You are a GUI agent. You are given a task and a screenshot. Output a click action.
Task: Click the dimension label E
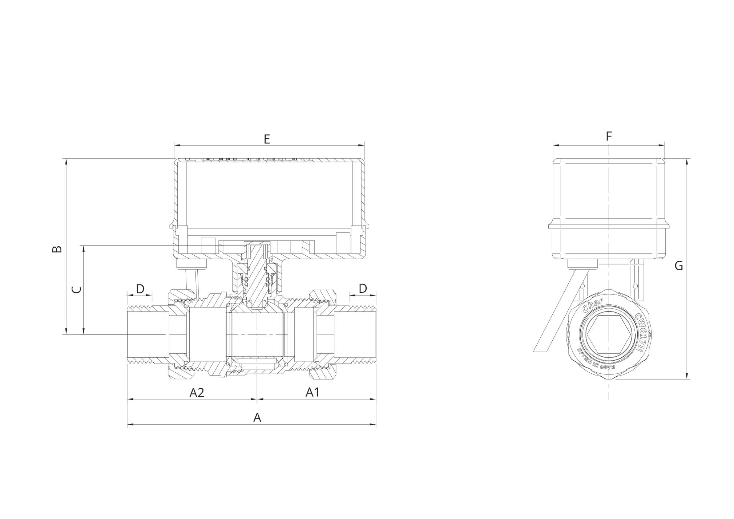click(x=267, y=139)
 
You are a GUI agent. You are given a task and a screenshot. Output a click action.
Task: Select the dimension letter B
click(x=57, y=249)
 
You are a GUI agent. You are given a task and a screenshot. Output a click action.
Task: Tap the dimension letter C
click(x=76, y=289)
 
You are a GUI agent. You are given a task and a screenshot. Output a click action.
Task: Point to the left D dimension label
click(x=140, y=289)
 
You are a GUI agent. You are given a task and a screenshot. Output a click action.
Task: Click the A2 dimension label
click(x=197, y=393)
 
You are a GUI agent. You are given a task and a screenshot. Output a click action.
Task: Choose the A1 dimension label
click(x=312, y=392)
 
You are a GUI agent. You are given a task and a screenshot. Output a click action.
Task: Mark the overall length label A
click(x=257, y=418)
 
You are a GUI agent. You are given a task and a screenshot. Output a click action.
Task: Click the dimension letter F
click(x=609, y=136)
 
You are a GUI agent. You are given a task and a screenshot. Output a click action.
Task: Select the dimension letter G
click(x=678, y=266)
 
